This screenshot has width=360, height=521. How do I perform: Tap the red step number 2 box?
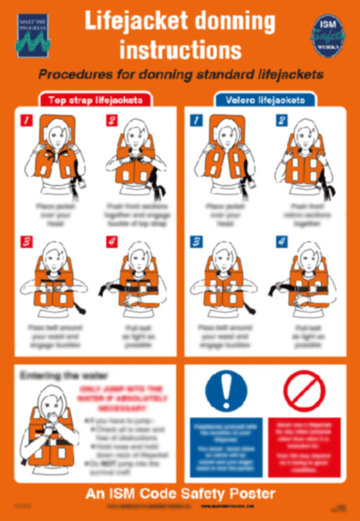point(112,122)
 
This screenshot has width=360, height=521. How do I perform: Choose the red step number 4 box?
point(112,243)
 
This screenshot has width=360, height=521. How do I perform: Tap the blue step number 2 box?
point(281,122)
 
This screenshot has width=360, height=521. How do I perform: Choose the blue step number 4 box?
point(281,243)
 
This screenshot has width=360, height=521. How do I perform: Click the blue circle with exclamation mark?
point(225,393)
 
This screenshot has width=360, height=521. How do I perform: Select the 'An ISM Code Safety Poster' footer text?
point(180,494)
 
